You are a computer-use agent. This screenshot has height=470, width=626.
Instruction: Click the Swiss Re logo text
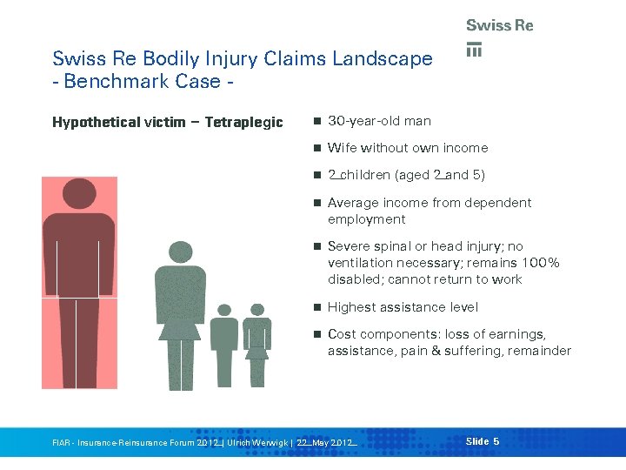pos(499,26)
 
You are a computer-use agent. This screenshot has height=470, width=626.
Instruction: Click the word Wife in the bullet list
pos(342,148)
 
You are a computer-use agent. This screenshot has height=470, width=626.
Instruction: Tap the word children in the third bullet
pos(365,175)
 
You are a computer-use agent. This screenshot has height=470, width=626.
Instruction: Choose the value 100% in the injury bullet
pos(540,263)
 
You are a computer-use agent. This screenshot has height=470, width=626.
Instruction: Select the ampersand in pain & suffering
pos(434,351)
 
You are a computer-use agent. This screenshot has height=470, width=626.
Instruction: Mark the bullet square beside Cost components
pos(318,335)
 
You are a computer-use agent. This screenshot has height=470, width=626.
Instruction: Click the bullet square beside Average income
pos(318,203)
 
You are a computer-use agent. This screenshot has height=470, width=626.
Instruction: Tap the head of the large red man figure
pos(79,196)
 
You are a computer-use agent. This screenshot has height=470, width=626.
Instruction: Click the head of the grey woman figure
pos(180,252)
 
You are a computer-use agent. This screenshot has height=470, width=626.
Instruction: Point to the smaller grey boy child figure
pos(224,344)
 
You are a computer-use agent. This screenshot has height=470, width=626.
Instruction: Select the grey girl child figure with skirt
pos(256,344)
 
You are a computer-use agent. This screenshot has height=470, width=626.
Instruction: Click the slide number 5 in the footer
pos(496,442)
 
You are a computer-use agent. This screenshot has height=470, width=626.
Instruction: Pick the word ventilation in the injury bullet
pos(359,263)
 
